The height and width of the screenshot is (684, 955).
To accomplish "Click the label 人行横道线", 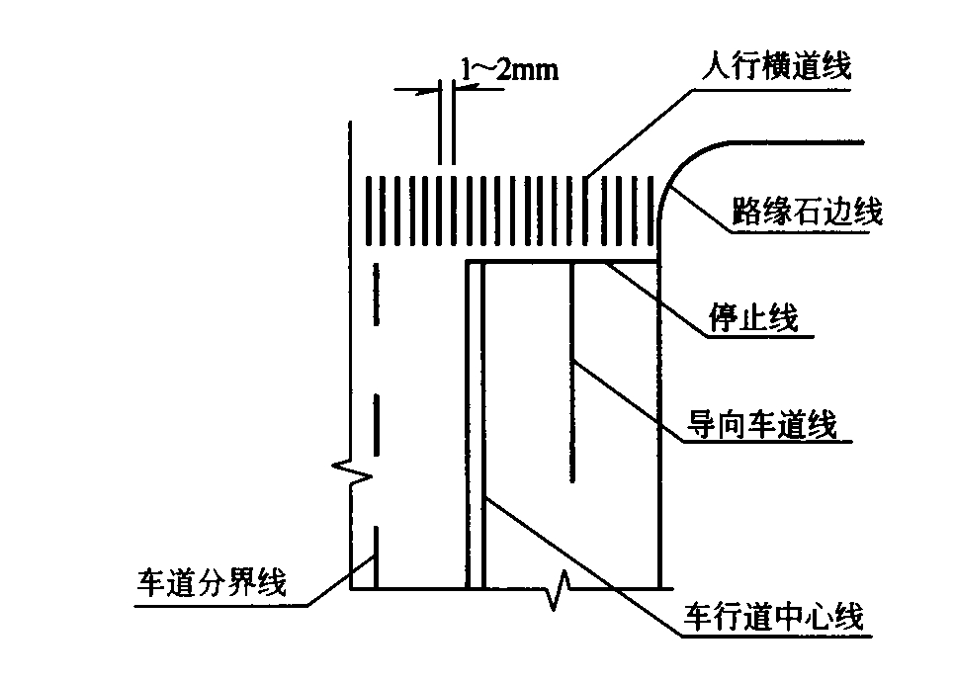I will point(773,67).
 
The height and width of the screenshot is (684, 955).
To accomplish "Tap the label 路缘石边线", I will point(807,211).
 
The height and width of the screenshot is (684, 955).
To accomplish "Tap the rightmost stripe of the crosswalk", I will point(652,212).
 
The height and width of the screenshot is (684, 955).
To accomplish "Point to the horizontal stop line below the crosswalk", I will point(564,262).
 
